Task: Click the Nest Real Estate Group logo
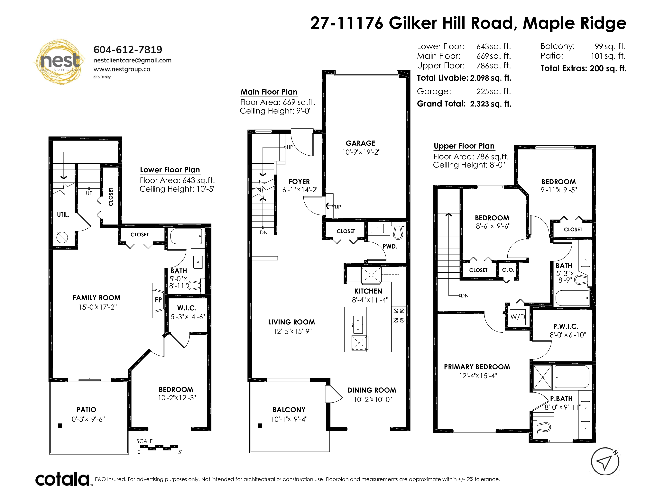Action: (59, 61)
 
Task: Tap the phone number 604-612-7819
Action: (128, 50)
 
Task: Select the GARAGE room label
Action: (361, 143)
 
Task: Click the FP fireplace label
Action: (158, 300)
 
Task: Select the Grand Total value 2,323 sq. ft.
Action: (490, 104)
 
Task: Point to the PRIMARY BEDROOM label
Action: (477, 367)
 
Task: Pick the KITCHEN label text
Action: (368, 291)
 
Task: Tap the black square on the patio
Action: (60, 426)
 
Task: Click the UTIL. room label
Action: (63, 215)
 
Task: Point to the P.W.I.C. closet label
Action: (566, 326)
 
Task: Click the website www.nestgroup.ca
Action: (122, 69)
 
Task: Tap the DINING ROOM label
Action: (372, 390)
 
